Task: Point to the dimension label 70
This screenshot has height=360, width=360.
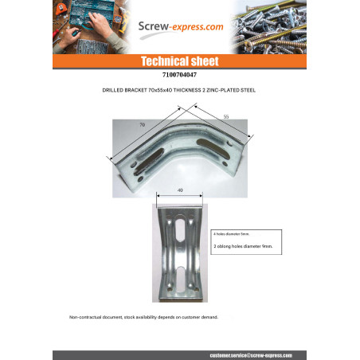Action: pos(142,125)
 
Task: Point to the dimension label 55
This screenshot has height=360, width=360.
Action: pos(225,117)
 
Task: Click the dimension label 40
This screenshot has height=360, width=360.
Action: pos(180,190)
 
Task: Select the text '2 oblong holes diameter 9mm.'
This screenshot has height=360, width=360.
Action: pos(244,248)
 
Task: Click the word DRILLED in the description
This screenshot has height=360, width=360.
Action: pos(115,90)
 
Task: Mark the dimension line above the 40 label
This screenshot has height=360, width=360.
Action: pos(180,196)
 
